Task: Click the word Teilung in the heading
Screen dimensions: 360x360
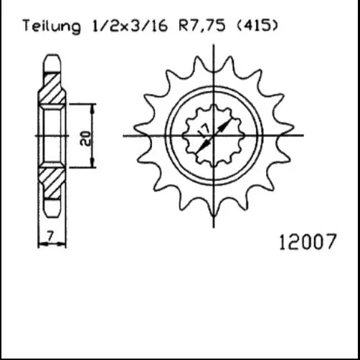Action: coord(52,26)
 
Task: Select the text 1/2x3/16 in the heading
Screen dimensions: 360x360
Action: coord(129,26)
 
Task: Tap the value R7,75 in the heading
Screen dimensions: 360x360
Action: coord(202,26)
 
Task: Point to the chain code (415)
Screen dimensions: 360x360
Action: coord(257,26)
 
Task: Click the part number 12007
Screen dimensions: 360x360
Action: coord(308,242)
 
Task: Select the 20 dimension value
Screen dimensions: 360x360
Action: coord(85,138)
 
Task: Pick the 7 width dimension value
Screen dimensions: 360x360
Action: coord(50,236)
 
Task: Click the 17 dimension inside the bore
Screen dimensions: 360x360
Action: coord(204,131)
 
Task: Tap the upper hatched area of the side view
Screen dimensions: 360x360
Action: coord(52,88)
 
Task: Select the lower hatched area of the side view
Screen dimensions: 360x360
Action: coord(52,183)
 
